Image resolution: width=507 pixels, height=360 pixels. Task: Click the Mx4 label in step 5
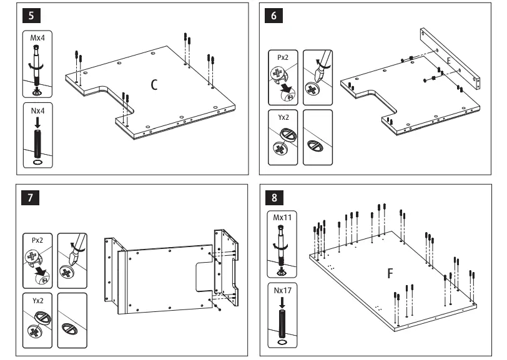coord(37,37)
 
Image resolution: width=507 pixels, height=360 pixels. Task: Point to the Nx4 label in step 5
coord(37,114)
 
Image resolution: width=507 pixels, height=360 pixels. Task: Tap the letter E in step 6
coord(449,60)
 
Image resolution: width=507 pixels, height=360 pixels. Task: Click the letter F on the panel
coord(390,273)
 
